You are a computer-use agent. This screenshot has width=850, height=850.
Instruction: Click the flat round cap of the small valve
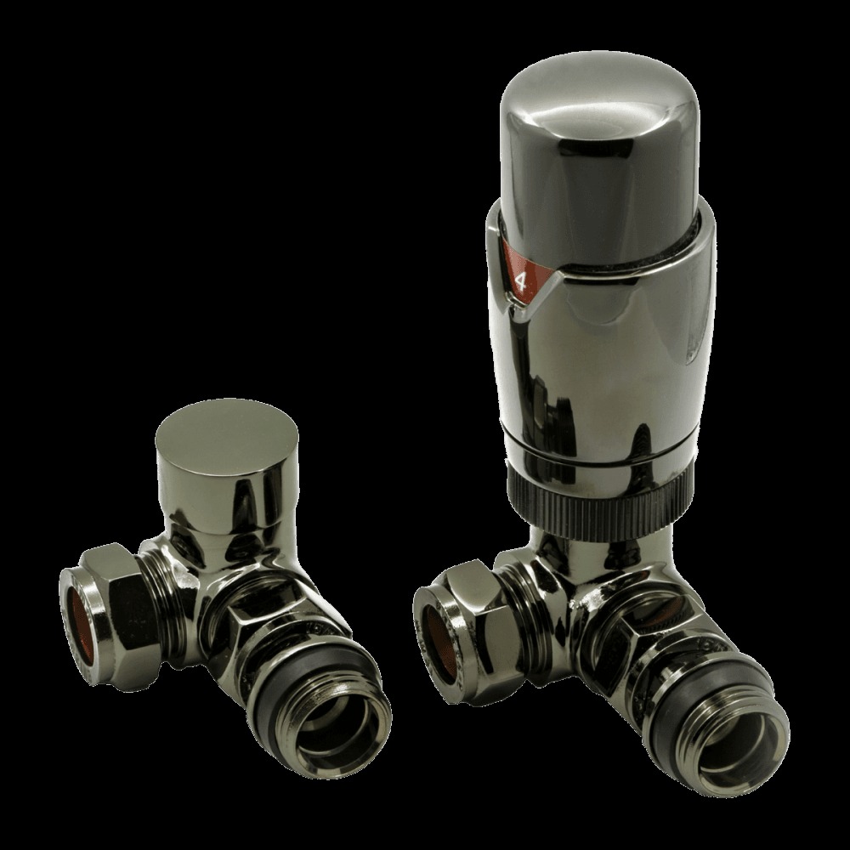[x=227, y=433]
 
